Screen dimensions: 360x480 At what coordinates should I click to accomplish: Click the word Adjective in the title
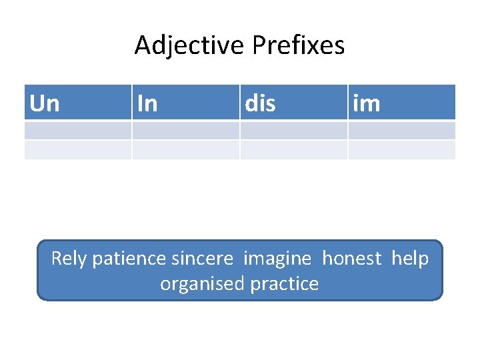point(190,46)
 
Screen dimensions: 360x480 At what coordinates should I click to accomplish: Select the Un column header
point(45,103)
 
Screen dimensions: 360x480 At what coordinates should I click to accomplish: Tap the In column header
point(147,103)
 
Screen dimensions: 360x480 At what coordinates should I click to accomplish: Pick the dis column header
point(261,103)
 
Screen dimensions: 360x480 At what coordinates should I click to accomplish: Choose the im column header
point(367,103)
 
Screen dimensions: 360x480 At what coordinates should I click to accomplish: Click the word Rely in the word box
point(69,259)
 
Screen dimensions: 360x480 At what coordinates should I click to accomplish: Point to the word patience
point(129,259)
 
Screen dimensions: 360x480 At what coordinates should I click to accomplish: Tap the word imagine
point(277,259)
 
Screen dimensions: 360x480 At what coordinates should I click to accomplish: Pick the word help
point(410,259)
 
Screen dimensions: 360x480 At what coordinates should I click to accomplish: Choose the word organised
point(203,284)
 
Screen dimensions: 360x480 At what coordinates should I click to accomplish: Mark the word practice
point(285,284)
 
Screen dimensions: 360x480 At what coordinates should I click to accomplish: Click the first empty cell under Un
point(77,130)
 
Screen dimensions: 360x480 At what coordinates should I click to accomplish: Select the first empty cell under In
point(185,130)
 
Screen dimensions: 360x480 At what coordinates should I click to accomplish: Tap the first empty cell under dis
point(293,130)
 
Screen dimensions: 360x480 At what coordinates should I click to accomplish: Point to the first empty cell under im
point(401,130)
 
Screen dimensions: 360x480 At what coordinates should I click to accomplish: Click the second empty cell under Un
point(77,149)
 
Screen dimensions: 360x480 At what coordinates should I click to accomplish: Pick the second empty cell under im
point(401,149)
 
